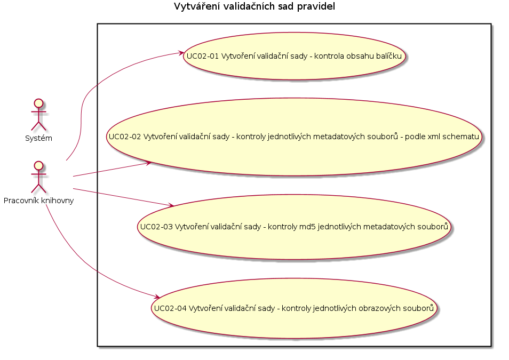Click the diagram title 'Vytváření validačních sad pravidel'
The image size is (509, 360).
[254, 6]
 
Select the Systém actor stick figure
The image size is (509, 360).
[38, 115]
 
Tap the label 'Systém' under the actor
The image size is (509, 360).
[38, 138]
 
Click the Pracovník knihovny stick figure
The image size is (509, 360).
[38, 177]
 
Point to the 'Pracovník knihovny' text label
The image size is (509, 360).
[38, 201]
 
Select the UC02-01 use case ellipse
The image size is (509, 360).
[294, 56]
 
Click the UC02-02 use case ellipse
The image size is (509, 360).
[294, 137]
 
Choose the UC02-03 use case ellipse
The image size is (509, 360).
[294, 227]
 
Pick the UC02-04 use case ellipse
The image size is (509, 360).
[294, 308]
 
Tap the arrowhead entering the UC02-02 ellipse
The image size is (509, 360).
[148, 163]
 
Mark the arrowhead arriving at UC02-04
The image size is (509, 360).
[156, 297]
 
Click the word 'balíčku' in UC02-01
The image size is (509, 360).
[389, 56]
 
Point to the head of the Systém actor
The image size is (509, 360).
[38, 103]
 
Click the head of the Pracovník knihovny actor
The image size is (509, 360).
[38, 165]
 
